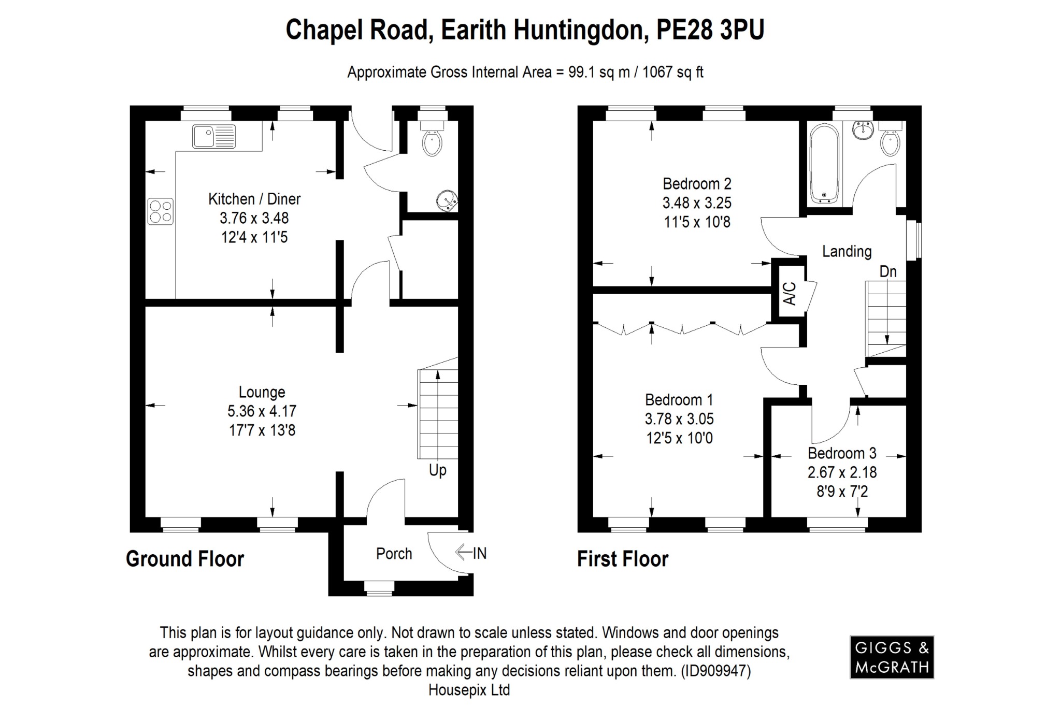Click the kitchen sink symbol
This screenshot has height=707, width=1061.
[214, 137]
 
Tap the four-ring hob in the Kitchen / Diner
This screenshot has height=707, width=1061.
[161, 212]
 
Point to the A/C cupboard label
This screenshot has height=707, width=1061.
[788, 294]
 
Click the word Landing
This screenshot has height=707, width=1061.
[847, 252]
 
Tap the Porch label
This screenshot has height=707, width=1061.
[394, 554]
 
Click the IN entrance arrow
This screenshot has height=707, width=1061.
[471, 553]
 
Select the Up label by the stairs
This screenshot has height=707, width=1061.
[437, 470]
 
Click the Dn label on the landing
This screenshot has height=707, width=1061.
[888, 271]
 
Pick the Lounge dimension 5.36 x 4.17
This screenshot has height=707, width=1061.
[262, 411]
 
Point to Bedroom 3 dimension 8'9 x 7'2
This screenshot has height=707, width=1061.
[842, 491]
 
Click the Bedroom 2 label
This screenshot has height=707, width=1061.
[697, 184]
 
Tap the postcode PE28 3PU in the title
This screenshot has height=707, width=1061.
[710, 30]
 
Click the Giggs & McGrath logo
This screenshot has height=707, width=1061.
[892, 657]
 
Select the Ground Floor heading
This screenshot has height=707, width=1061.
[185, 559]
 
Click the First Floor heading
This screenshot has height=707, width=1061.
[623, 559]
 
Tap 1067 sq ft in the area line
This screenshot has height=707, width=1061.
[672, 73]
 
